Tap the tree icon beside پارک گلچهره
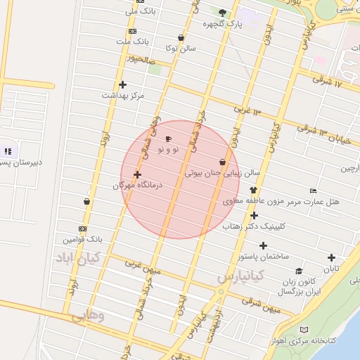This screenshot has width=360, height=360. pos(223,13)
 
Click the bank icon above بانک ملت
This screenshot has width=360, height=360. pos(132,32)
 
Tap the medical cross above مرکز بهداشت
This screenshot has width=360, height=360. pos(122,84)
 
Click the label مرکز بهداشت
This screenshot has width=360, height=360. pos(122,95)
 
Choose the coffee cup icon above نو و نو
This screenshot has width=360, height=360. pos(167,139)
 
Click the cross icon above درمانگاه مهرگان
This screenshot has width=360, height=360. pos(137,175)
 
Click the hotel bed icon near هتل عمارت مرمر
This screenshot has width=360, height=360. pos(313,191)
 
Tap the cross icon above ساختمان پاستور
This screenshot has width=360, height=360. pos(263,245)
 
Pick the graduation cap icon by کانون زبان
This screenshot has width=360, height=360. pos(299,271)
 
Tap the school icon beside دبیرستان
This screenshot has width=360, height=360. pos(8,151)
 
